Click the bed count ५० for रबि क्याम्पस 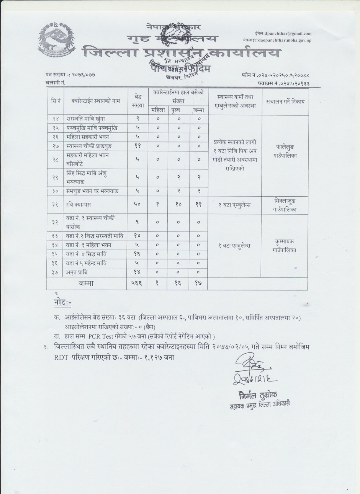point(137,205)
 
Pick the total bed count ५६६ point(137,284)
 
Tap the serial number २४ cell point(55,119)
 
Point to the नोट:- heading point(62,303)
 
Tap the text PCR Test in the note point(100,337)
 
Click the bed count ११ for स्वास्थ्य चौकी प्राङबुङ point(137,146)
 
